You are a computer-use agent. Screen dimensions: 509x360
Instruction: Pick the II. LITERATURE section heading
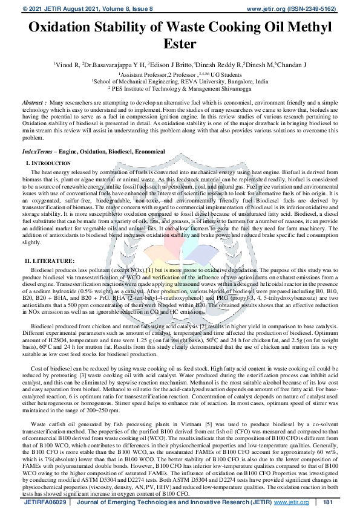[x=49, y=260]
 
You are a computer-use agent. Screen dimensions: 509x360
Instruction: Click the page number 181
[x=329, y=502]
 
